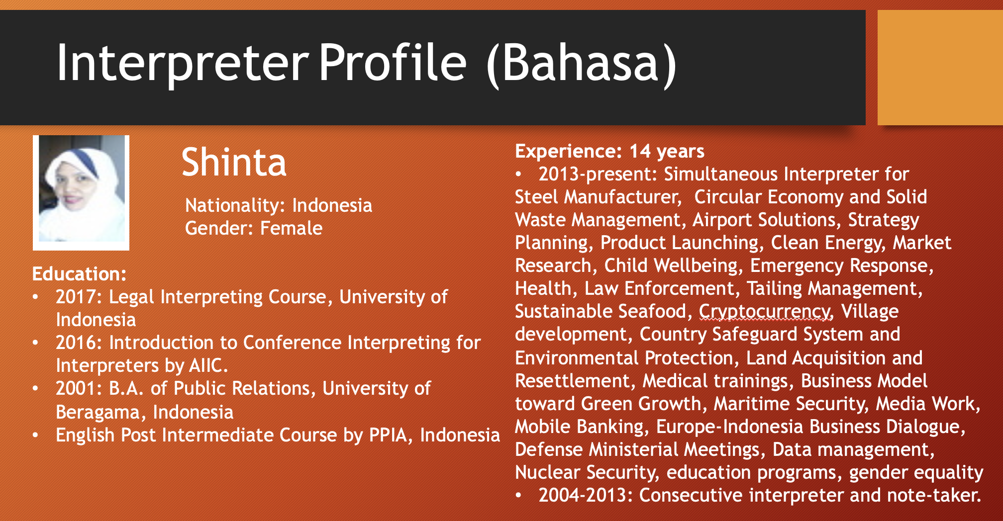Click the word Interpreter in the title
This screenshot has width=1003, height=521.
[183, 63]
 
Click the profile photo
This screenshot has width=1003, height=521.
[81, 192]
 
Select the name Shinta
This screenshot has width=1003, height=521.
[234, 162]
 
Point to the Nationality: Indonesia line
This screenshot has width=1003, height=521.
[279, 205]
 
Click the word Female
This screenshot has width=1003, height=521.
[291, 228]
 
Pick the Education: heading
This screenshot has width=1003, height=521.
[80, 274]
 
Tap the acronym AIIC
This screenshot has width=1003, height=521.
[208, 365]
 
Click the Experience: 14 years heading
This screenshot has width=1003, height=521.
[609, 151]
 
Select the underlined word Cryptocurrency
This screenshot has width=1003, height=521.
[765, 312]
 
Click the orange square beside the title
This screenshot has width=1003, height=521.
[940, 68]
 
